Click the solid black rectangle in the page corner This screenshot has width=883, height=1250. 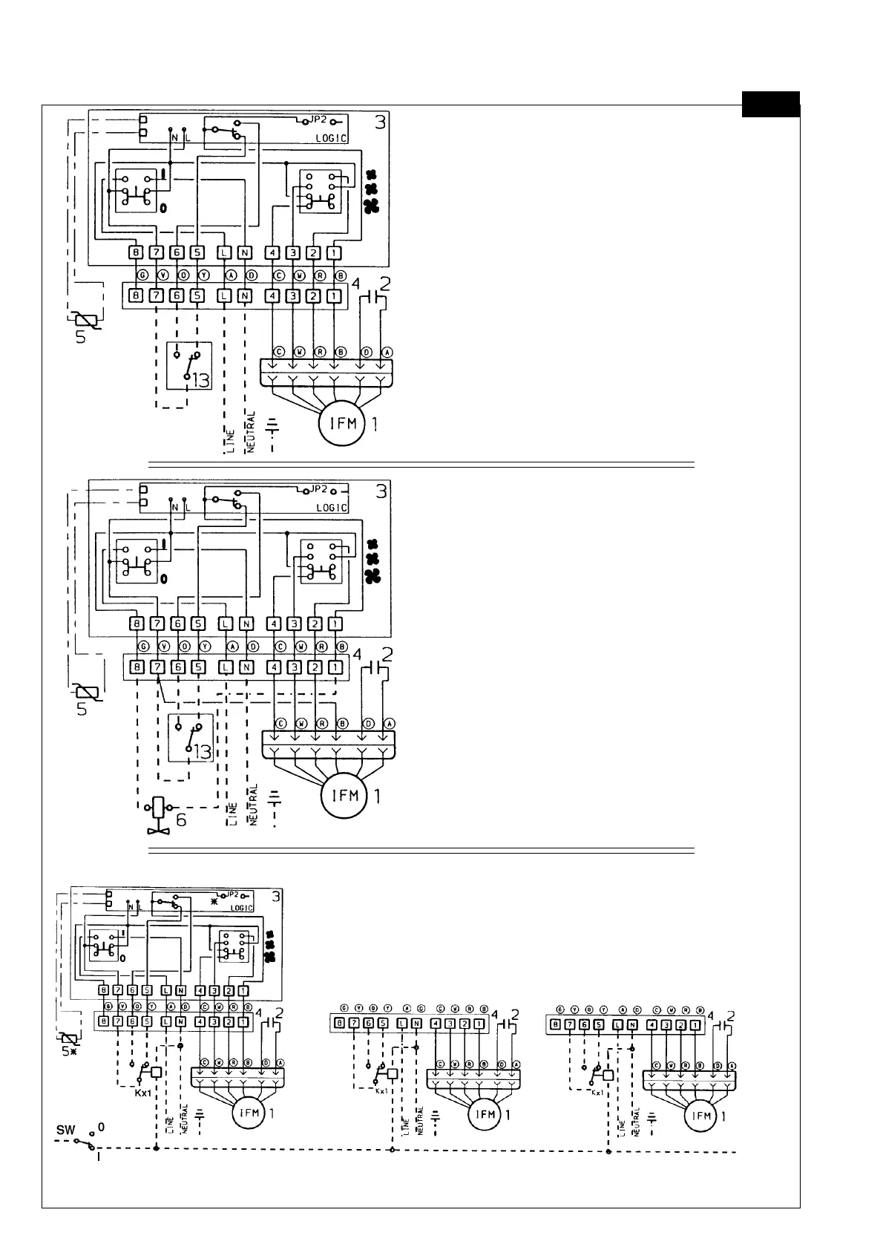coord(770,104)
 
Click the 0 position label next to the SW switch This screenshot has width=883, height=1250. coord(102,1127)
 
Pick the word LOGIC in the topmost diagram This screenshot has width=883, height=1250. coord(331,138)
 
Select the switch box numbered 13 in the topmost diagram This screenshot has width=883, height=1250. coord(189,366)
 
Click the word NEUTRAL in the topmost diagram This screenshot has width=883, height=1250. coord(251,433)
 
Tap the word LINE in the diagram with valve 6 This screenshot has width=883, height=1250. coord(232,814)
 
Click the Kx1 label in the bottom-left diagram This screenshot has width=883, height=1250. coord(143,1093)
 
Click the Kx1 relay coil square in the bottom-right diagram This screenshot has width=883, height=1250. coord(608,1075)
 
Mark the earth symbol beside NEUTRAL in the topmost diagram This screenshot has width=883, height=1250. coord(272,425)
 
